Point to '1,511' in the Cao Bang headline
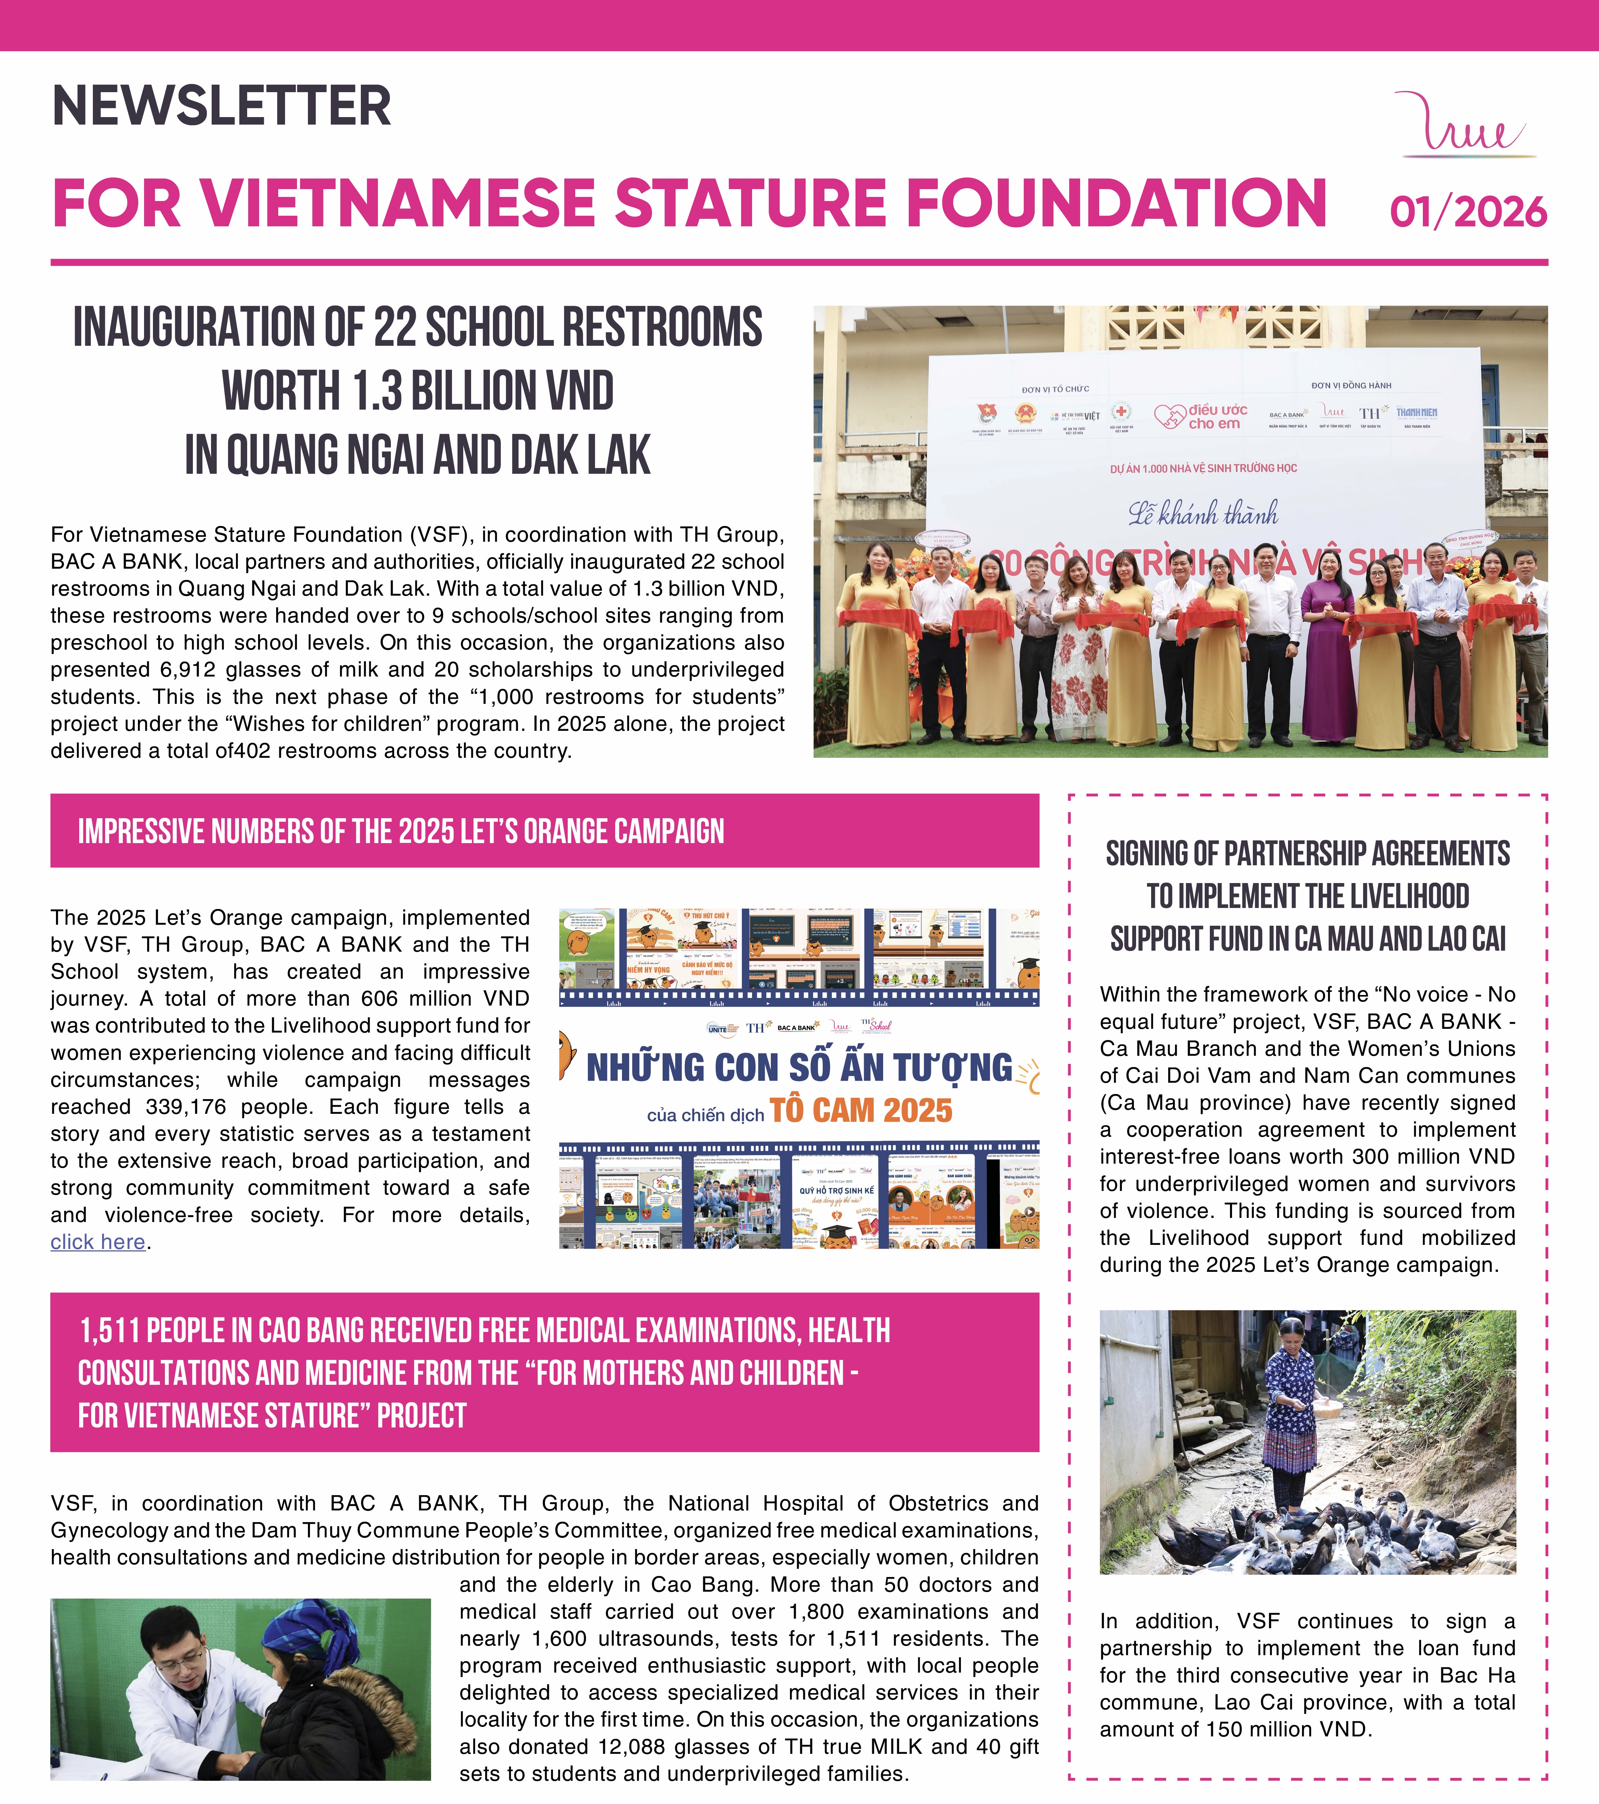(109, 1331)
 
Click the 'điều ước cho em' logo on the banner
(1202, 416)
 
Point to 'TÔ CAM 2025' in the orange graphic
(860, 1110)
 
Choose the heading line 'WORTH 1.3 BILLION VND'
(418, 391)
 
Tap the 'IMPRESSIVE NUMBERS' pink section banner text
(401, 832)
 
